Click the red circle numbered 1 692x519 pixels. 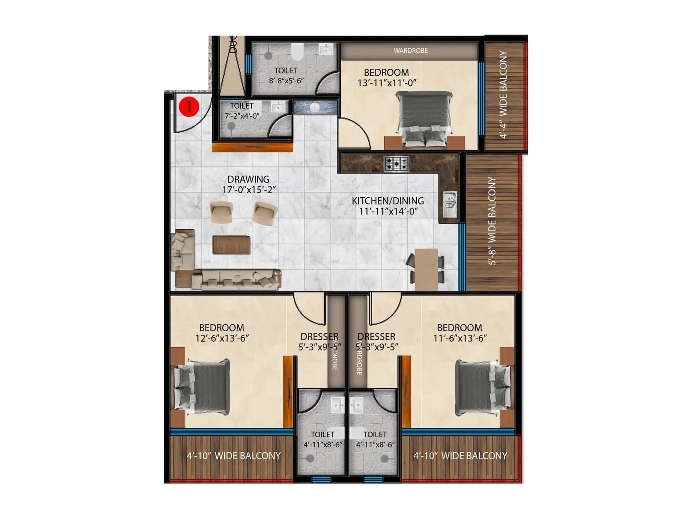pyautogui.click(x=189, y=106)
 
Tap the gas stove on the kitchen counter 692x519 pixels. pyautogui.click(x=397, y=163)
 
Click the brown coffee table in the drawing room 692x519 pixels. pyautogui.click(x=231, y=245)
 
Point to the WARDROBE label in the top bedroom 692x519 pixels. pyautogui.click(x=410, y=51)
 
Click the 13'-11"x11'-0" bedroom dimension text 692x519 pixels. pyautogui.click(x=387, y=83)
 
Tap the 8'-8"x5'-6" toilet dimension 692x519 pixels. pyautogui.click(x=286, y=80)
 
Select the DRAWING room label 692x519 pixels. pyautogui.click(x=248, y=179)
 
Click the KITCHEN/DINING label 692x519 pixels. pyautogui.click(x=388, y=201)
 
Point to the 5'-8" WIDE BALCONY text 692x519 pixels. pyautogui.click(x=492, y=221)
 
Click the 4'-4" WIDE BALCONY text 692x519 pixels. pyautogui.click(x=503, y=94)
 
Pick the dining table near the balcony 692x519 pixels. pyautogui.click(x=426, y=269)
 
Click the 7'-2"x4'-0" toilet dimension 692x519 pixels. pyautogui.click(x=242, y=116)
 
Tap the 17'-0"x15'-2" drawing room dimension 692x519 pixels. pyautogui.click(x=249, y=190)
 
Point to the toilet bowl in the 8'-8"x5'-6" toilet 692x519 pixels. pyautogui.click(x=297, y=52)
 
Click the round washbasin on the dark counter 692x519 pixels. pyautogui.click(x=314, y=107)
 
